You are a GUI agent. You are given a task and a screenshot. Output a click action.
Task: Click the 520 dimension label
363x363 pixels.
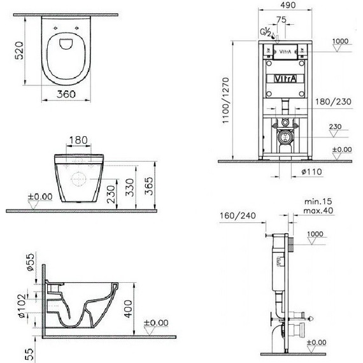click(x=19, y=50)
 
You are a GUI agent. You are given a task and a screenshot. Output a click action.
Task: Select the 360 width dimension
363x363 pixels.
click(x=66, y=94)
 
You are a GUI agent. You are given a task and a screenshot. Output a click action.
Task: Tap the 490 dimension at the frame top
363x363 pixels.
click(x=287, y=5)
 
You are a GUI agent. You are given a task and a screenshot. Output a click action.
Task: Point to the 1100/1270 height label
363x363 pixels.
click(x=225, y=101)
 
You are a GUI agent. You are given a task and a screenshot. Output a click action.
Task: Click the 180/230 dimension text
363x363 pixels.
click(x=333, y=101)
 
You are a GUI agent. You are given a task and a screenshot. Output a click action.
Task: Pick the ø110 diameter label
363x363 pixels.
click(x=311, y=171)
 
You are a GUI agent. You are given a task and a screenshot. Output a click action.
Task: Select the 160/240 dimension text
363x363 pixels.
click(x=238, y=215)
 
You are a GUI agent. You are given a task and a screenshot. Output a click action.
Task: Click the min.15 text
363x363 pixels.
click(x=318, y=201)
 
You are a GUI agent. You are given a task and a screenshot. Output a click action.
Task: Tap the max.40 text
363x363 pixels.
click(x=318, y=211)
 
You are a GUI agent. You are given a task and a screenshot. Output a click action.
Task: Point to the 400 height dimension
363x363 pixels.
click(x=128, y=309)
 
